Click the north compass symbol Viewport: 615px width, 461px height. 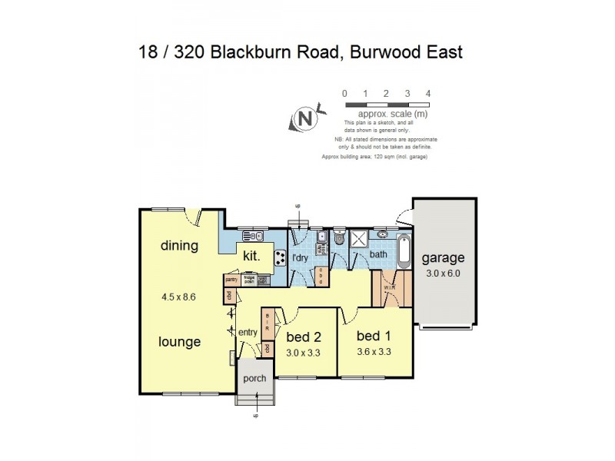point(304,119)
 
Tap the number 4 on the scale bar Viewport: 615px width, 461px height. point(428,94)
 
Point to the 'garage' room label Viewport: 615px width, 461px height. point(442,258)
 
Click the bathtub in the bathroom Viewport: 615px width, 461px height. point(405,251)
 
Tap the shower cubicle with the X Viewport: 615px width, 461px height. point(358,239)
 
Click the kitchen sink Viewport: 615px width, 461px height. point(253,236)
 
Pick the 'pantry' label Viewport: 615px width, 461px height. point(231,280)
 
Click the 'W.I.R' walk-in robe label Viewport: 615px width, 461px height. point(389,289)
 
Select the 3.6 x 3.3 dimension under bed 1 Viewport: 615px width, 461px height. point(375,352)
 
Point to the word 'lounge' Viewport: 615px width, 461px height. point(181,342)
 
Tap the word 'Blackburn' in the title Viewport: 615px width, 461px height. point(254,53)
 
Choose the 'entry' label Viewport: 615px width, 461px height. point(248,332)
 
